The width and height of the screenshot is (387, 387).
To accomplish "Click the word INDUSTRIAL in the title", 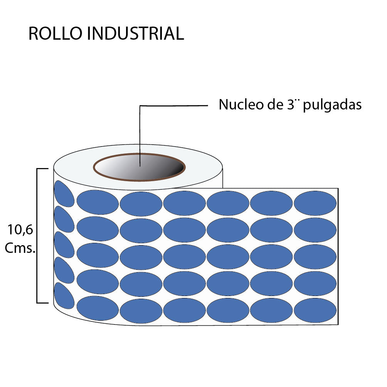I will point(135,34).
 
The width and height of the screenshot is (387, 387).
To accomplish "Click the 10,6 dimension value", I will point(20,230).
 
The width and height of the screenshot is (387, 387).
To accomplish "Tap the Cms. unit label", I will point(20,249).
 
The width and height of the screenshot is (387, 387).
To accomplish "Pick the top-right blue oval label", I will point(315,203).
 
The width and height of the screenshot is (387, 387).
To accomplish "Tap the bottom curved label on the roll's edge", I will point(64,296).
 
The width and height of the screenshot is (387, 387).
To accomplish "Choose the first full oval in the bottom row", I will point(98,308).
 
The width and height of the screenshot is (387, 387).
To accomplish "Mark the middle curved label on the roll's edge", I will point(64,245).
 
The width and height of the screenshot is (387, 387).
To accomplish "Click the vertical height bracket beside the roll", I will point(37,235).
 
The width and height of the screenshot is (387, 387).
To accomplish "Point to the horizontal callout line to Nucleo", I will point(173,105).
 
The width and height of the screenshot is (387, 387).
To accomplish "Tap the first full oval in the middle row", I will point(98,255).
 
